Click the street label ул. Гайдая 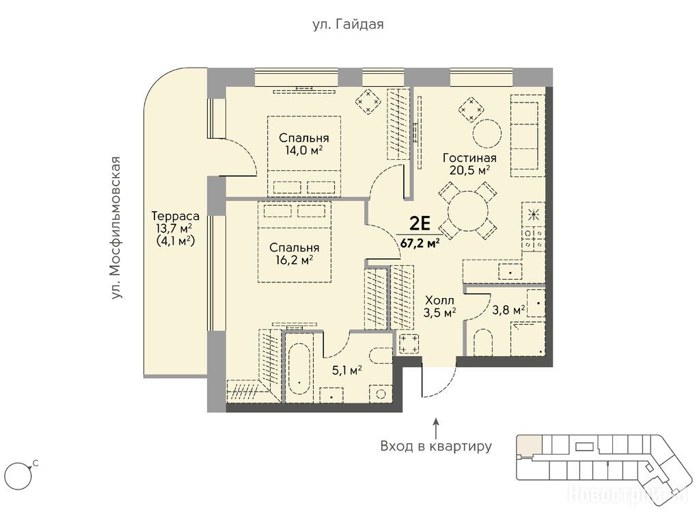(x=348, y=25)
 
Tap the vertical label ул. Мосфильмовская (x=116, y=227)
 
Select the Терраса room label (x=175, y=217)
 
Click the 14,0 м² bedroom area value (x=304, y=150)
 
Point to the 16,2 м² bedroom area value (x=295, y=260)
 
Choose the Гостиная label (x=469, y=158)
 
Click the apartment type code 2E (x=420, y=224)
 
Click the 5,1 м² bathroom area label (x=346, y=370)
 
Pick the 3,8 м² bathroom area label (x=508, y=310)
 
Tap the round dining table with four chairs (x=468, y=211)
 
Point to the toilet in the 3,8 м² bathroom (x=483, y=343)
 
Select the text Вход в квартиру (x=436, y=446)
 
